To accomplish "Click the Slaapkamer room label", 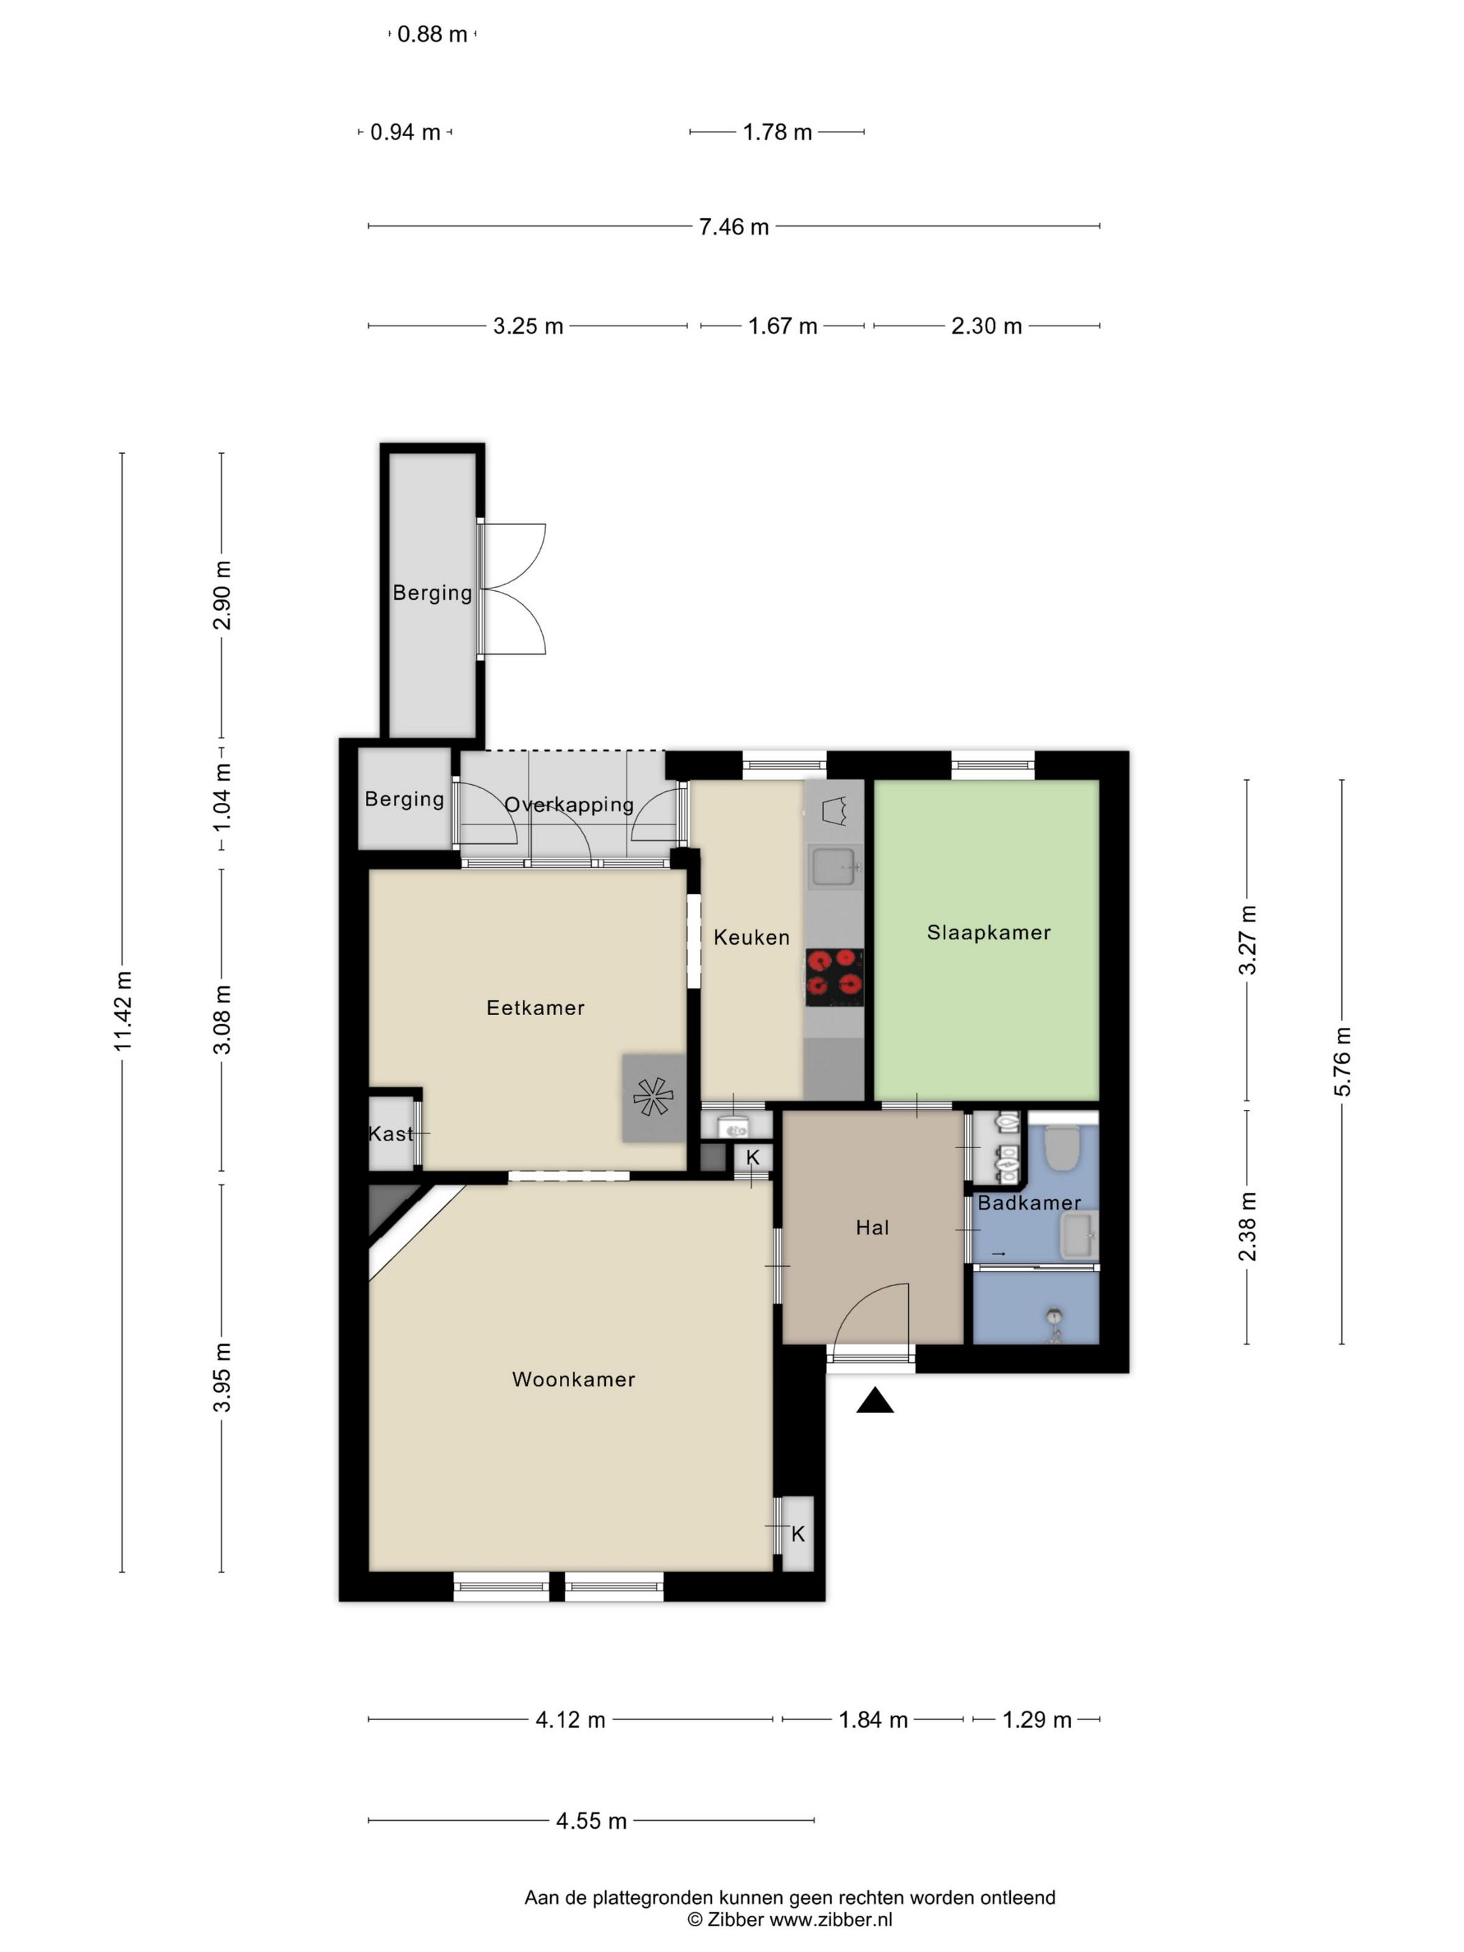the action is (989, 933).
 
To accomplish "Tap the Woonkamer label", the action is (574, 1379).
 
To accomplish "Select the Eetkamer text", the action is (535, 1008).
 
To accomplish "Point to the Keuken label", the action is (752, 937).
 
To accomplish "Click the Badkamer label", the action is (1029, 1203).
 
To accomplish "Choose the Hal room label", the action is (873, 1228).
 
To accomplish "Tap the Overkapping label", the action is (569, 805).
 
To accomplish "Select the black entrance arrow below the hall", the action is (874, 1401).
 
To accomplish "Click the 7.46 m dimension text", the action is (734, 227).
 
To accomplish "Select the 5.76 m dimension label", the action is (1342, 1062).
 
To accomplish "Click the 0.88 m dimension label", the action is (432, 34).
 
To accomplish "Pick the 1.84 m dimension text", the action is (873, 1720).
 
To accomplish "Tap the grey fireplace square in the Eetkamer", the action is (654, 1098).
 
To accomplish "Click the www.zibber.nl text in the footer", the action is (830, 1919).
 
